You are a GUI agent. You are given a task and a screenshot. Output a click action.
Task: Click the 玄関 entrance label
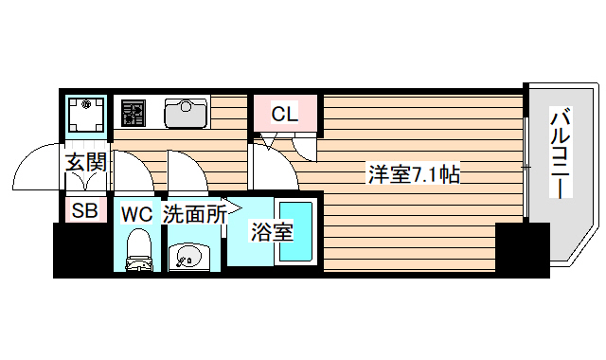84,162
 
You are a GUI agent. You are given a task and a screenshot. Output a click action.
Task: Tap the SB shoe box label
84,211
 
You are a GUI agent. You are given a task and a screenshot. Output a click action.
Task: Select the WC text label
136,214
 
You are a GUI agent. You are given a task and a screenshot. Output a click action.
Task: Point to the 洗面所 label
193,214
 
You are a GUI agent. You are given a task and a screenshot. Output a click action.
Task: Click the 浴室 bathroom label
271,230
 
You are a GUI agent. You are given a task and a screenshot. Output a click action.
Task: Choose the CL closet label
284,115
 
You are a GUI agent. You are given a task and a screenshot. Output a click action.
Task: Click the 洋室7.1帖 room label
414,174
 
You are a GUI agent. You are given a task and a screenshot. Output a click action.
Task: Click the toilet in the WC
139,250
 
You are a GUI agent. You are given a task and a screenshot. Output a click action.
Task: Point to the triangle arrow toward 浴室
235,211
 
